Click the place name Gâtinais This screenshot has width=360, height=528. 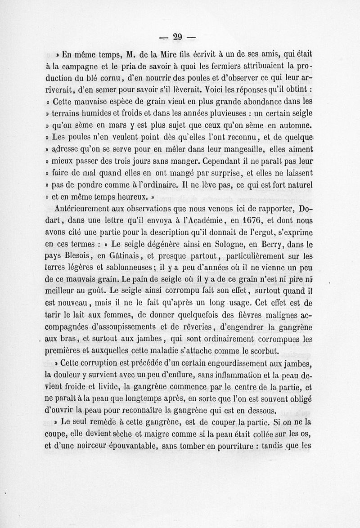point(117,256)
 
